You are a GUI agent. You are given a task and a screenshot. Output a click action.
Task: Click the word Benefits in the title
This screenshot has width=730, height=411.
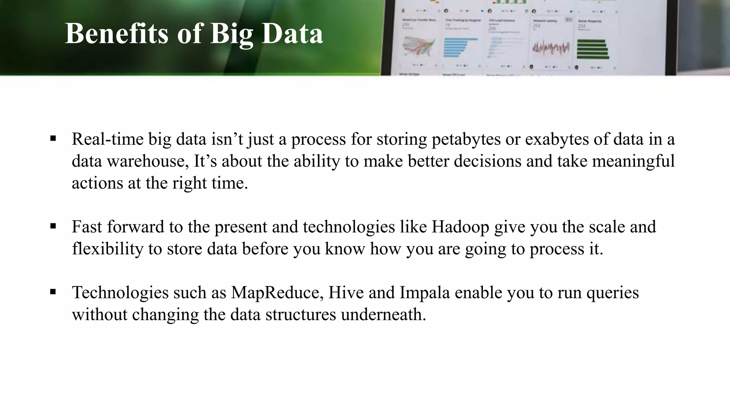click(x=116, y=34)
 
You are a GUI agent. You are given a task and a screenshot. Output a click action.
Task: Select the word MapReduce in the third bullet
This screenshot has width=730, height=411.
click(x=277, y=293)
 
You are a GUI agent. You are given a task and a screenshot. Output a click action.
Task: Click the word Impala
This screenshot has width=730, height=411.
click(x=425, y=293)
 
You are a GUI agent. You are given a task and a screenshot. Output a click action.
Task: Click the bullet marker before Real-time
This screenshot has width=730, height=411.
click(x=53, y=138)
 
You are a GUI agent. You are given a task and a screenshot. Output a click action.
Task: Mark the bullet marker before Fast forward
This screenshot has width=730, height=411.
click(x=53, y=226)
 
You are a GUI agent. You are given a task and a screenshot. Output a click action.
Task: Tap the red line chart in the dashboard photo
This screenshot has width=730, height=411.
click(x=551, y=48)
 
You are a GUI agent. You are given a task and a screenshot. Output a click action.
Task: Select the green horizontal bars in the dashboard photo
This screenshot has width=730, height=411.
click(x=592, y=49)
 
